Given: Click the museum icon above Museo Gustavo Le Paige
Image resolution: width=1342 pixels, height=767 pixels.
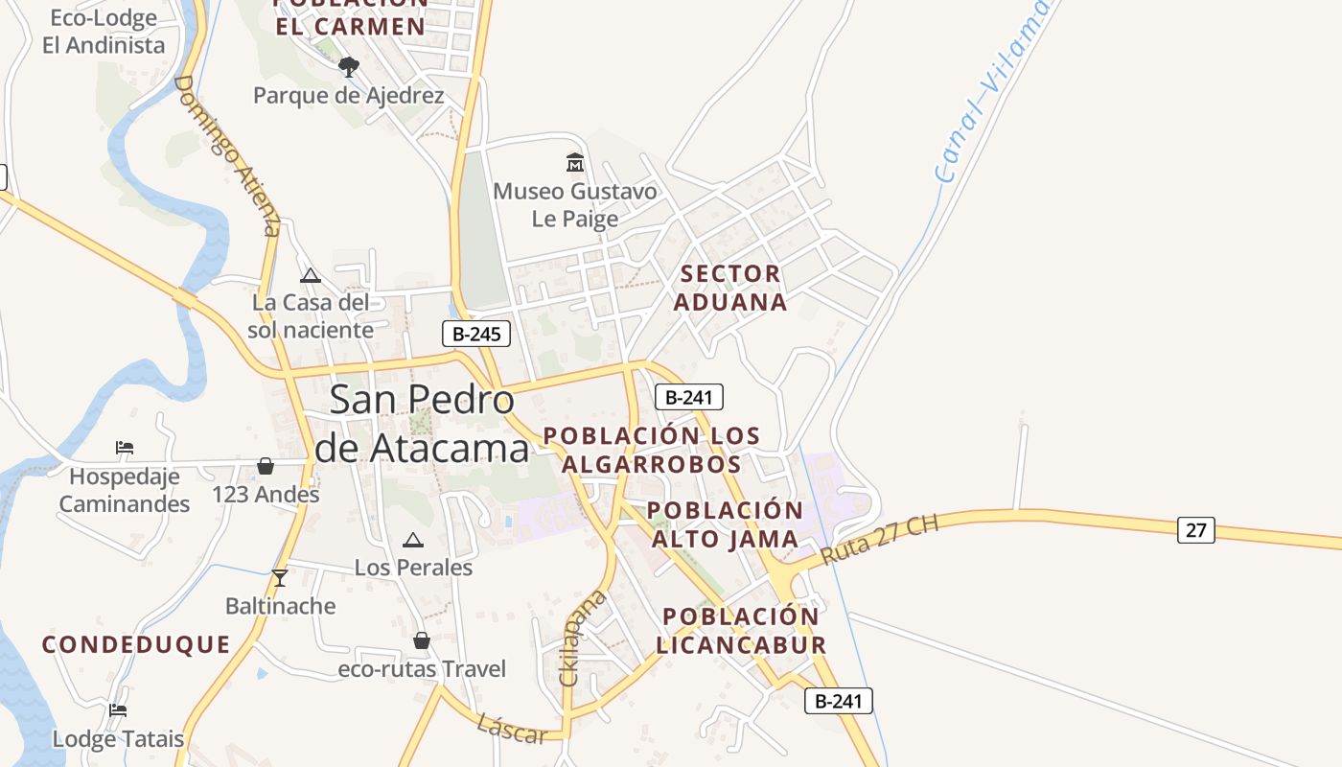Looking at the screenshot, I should [x=575, y=163].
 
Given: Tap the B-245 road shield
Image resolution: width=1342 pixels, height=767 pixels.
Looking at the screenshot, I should [x=476, y=334].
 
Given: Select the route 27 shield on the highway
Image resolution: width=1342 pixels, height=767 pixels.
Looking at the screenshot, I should [x=1195, y=529].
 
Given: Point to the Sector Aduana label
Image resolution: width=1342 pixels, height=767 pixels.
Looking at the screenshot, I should [x=730, y=288].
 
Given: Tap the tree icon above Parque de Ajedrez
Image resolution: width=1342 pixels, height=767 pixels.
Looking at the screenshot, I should [x=349, y=66].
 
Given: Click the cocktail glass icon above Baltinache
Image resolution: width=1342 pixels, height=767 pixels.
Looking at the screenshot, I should [x=280, y=577].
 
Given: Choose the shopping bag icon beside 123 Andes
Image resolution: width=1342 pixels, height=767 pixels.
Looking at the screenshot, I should [x=266, y=466].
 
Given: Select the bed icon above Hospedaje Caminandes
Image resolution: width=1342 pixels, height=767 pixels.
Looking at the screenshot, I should [x=125, y=447].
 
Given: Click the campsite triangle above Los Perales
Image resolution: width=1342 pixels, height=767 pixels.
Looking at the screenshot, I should [x=413, y=540].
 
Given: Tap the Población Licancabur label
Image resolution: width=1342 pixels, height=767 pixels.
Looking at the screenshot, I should [x=741, y=630].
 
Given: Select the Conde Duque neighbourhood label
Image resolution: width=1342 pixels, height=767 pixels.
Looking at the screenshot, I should [x=136, y=644].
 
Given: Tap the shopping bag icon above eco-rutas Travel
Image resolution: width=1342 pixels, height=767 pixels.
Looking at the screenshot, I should [x=422, y=640].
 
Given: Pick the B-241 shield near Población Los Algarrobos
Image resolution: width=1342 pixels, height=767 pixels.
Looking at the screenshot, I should [x=688, y=397].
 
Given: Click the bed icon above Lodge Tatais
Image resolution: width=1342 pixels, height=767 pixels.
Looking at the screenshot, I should [x=118, y=710].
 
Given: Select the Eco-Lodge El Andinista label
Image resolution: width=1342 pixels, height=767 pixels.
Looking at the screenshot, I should [x=104, y=31].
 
